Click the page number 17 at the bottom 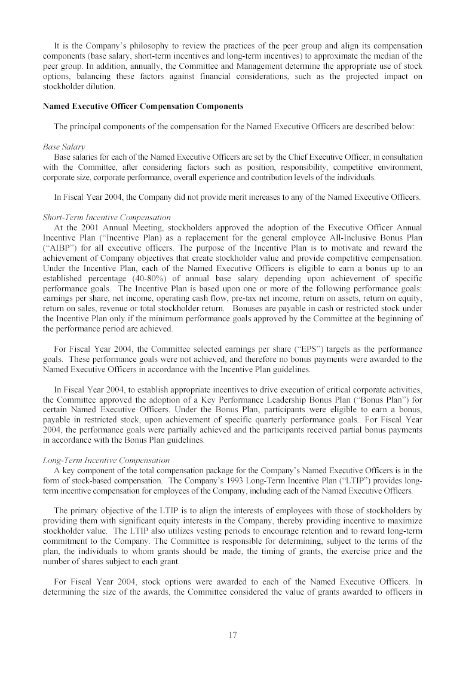point(233,635)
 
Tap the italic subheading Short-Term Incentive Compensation point(106,217)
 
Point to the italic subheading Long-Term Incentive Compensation point(106,460)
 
